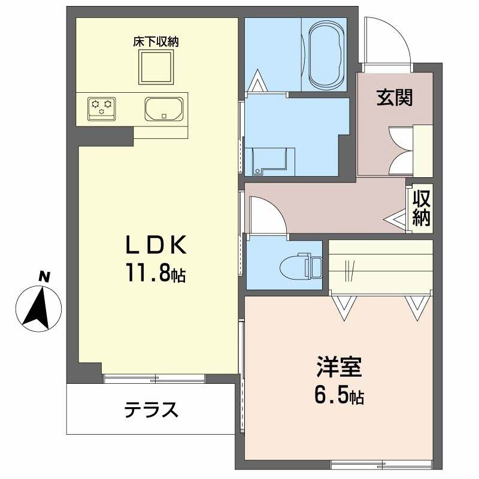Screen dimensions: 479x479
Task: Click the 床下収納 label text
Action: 156,42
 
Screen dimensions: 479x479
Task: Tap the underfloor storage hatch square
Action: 156,67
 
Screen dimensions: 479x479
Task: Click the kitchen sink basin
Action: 163,109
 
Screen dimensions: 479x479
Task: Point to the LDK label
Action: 156,245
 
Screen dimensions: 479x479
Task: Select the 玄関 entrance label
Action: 395,97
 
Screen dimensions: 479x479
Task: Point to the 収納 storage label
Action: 422,207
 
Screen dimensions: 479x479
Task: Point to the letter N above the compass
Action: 43,276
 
